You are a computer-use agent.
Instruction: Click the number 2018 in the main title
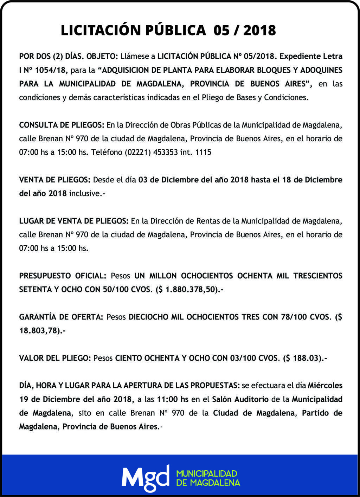coord(259,30)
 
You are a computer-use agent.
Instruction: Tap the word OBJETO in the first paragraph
coord(102,56)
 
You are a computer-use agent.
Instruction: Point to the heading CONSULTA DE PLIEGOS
coord(62,125)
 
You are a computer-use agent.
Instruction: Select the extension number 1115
coord(203,153)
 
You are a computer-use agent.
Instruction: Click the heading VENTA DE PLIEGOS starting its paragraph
coord(55,180)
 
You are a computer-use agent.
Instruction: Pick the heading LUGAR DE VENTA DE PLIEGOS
coord(74,221)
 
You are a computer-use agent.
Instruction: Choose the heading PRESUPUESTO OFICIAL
coord(63,276)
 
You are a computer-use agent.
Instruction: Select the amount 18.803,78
coord(39,331)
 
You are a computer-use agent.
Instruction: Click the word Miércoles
coord(325,386)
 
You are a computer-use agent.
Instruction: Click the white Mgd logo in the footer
coord(146,478)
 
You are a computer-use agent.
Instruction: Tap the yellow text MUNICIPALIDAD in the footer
coord(207,473)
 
